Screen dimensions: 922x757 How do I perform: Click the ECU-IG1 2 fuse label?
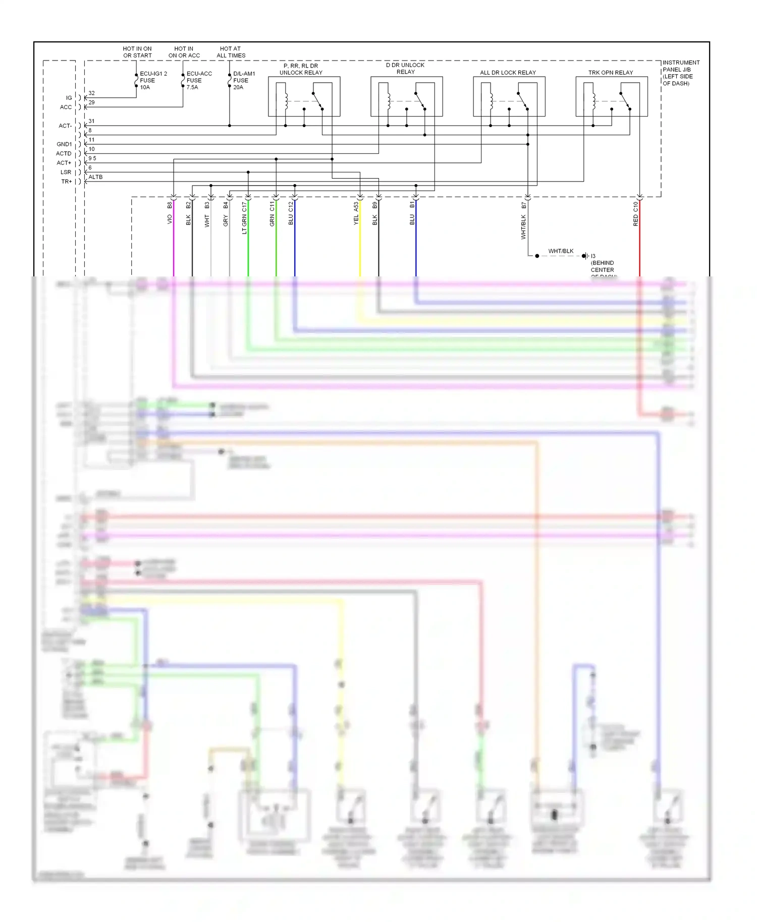pos(153,80)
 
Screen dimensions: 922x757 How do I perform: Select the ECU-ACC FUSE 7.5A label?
pos(199,80)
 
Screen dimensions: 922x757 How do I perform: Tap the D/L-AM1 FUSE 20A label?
pos(244,80)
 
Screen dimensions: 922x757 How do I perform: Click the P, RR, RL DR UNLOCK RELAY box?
pos(304,96)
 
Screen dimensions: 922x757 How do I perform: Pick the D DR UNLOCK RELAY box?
pos(406,96)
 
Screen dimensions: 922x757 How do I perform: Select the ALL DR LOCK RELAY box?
pos(509,96)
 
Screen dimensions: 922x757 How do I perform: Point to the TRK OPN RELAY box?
pos(611,96)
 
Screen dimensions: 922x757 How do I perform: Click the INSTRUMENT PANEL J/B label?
pos(680,73)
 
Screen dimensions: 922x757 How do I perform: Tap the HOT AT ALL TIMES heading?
pos(231,52)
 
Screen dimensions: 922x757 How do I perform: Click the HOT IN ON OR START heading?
pos(137,52)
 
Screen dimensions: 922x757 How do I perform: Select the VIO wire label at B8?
pos(170,219)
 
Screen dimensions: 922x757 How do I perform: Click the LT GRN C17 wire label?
pos(244,218)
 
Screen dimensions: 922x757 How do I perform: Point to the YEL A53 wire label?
pos(356,213)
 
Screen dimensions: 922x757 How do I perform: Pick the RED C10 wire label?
pos(635,213)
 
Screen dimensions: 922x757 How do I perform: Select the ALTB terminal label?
pos(95,177)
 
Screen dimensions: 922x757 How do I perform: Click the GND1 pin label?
pos(64,144)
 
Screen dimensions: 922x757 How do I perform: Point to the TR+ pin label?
pos(66,182)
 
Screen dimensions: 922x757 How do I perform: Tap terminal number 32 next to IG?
pos(91,93)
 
